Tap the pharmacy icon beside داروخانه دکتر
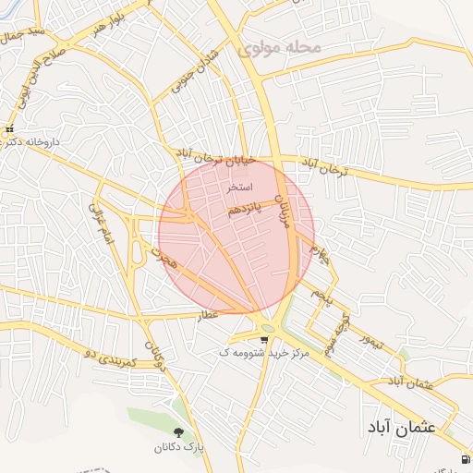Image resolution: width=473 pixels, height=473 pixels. pos(9,130)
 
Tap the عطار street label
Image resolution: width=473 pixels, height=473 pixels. pos(206,315)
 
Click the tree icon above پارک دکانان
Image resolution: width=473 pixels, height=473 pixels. pos(177,431)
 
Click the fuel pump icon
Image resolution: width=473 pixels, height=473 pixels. pos(463,459)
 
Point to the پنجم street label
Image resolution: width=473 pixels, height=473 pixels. pos(320,296)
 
